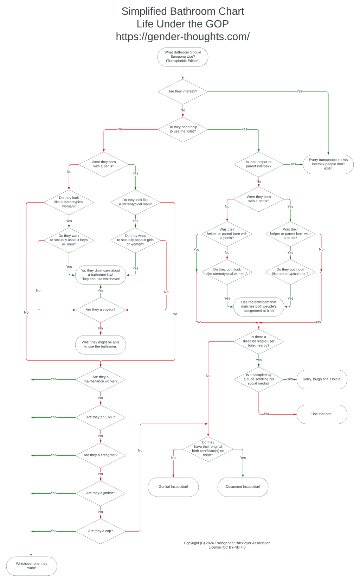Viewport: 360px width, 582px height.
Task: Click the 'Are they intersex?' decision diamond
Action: click(x=183, y=91)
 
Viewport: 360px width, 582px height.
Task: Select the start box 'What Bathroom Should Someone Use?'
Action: click(x=183, y=57)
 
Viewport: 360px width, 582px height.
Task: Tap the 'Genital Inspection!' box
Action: click(x=173, y=487)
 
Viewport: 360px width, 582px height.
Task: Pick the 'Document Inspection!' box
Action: click(x=243, y=487)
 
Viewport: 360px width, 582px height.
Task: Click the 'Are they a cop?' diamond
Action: click(x=101, y=531)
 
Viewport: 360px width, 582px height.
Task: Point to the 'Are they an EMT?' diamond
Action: click(x=101, y=417)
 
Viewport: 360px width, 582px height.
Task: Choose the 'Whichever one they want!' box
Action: click(x=32, y=566)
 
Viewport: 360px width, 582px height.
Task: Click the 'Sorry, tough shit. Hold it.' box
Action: click(x=322, y=379)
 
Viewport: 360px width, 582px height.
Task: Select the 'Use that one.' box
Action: click(x=322, y=414)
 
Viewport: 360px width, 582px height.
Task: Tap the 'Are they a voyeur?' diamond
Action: click(x=101, y=309)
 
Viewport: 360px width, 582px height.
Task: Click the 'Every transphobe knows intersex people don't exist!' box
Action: click(x=328, y=164)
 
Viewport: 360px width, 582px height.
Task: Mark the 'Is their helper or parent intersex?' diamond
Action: click(x=259, y=164)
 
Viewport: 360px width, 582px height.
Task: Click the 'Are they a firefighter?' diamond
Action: click(x=101, y=455)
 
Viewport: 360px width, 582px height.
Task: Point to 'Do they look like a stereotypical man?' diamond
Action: click(x=135, y=202)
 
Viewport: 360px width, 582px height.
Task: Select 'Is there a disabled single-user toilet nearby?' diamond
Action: click(x=259, y=341)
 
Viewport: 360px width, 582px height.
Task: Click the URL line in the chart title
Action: click(x=183, y=37)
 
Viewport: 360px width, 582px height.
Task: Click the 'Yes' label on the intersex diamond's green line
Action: click(x=299, y=91)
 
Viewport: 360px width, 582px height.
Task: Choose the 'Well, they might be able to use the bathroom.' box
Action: click(x=101, y=344)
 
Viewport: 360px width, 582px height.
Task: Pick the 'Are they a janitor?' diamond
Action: click(x=101, y=493)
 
